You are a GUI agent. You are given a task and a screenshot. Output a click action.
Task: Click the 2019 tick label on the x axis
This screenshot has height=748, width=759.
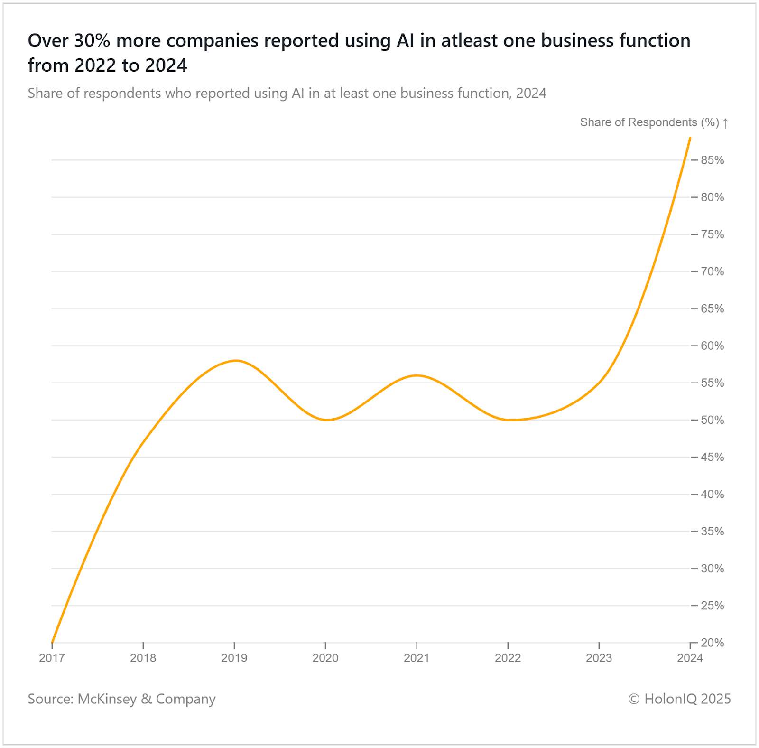coord(234,658)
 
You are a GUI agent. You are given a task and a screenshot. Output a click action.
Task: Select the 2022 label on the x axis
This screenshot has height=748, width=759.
coord(508,658)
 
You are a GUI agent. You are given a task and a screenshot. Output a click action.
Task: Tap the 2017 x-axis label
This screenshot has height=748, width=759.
coord(52,658)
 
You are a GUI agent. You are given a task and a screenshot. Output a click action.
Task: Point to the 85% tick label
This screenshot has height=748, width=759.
coord(713,160)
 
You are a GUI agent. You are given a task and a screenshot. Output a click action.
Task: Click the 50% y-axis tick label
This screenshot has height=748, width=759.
coord(713,420)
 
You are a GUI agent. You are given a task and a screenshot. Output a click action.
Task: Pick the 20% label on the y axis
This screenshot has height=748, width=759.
coord(713,643)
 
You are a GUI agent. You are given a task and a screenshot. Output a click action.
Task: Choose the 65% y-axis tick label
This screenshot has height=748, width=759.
coord(713,309)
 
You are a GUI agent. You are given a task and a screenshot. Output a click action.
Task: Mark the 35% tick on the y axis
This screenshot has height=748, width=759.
coord(713,532)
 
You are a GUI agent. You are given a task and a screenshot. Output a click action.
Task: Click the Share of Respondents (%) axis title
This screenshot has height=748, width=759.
coord(649,122)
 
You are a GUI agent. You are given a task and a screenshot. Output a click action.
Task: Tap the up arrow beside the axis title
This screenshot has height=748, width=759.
coord(725,123)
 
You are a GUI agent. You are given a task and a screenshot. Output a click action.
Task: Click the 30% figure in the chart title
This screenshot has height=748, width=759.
coord(92,41)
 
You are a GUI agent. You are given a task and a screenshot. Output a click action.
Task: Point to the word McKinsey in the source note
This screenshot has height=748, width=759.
coord(107,699)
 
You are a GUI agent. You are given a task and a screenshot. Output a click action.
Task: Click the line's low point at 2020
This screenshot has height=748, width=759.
coord(327,420)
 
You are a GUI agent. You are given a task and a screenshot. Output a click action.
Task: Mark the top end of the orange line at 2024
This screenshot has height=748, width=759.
coord(690,138)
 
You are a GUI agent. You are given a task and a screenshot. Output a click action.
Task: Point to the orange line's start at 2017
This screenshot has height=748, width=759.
coord(52,642)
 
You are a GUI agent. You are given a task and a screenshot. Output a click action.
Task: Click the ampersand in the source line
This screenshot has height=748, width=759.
coord(147,699)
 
